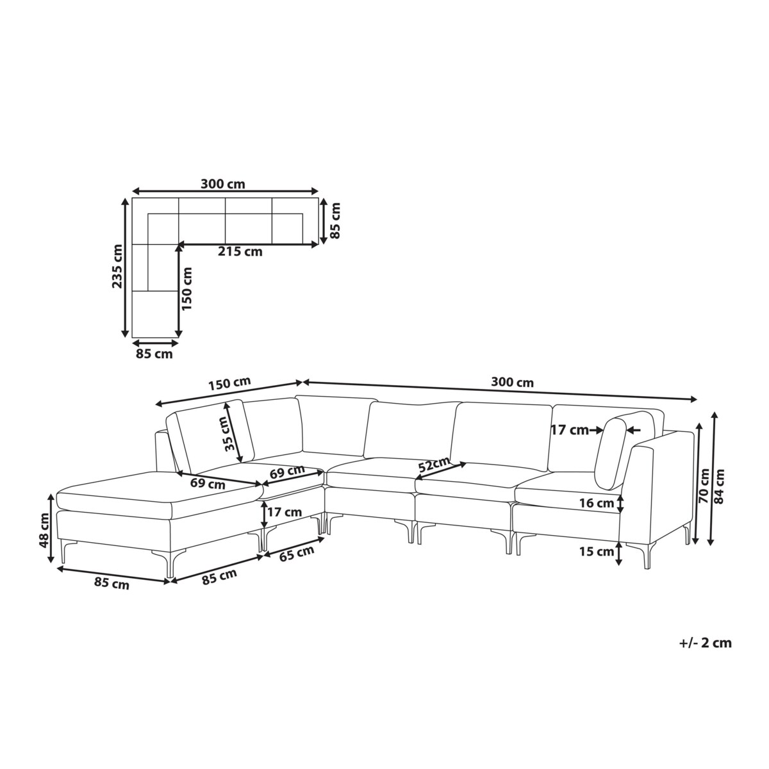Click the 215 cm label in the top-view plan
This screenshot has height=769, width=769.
point(240,252)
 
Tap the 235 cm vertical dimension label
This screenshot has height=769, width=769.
point(117,266)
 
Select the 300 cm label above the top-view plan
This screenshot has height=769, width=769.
point(222,184)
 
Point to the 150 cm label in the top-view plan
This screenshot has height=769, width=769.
point(186,288)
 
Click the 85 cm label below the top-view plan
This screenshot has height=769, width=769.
point(154,354)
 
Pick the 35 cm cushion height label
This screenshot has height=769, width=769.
point(231,433)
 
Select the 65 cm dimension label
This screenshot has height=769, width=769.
point(297,553)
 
